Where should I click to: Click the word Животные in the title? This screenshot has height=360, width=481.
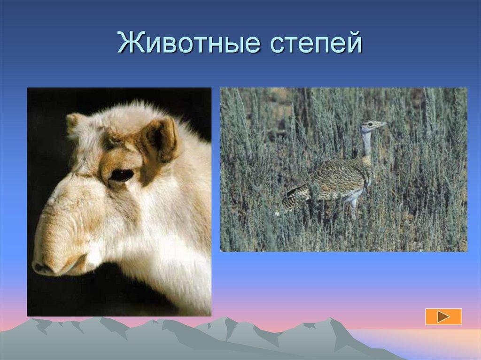[x=188, y=43]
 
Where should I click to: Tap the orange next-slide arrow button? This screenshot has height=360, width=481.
[x=443, y=317]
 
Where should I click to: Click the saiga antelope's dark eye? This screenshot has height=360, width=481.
[x=122, y=175]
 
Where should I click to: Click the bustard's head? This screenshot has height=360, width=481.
[x=372, y=125]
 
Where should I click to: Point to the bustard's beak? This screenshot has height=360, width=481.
[x=383, y=124]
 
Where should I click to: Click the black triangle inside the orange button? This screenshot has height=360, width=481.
[x=443, y=317]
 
